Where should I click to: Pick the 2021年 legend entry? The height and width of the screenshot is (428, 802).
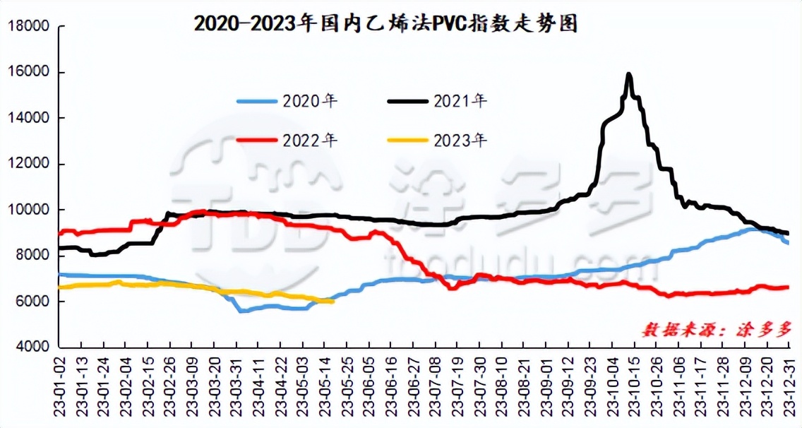438,101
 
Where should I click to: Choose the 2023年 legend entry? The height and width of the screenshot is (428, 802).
438,140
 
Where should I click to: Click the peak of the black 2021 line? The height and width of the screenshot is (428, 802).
628,73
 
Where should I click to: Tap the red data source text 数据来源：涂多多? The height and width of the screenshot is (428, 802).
717,328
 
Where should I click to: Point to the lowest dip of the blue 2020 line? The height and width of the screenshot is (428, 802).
241,311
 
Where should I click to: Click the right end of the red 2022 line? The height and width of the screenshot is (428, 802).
787,287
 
